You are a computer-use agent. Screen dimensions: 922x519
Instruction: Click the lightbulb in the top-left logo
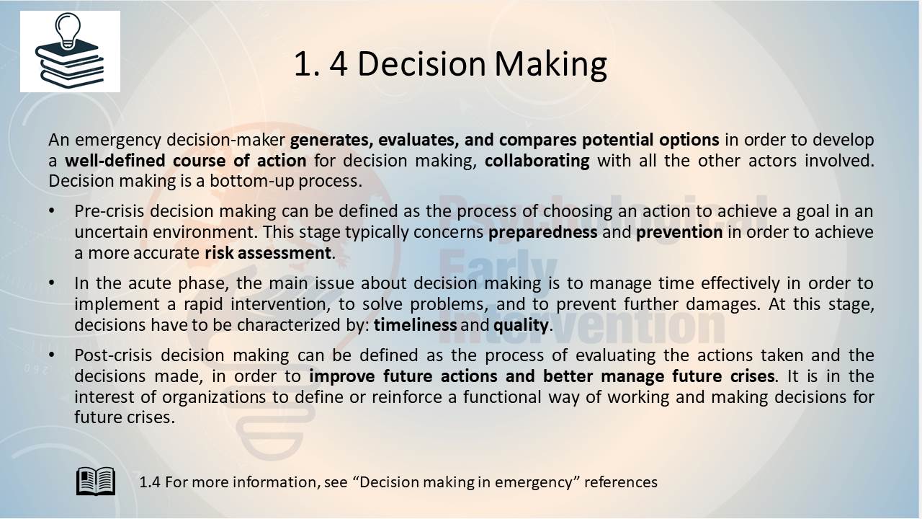pyautogui.click(x=68, y=30)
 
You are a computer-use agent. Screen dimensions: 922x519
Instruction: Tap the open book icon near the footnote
pyautogui.click(x=96, y=481)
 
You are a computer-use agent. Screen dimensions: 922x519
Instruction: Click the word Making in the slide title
pyautogui.click(x=550, y=65)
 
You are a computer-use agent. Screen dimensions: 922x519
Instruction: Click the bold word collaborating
pyautogui.click(x=537, y=161)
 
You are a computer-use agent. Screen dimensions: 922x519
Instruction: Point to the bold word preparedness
pyautogui.click(x=542, y=232)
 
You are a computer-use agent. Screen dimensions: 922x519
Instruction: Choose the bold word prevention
pyautogui.click(x=679, y=232)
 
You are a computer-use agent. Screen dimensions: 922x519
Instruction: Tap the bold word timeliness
pyautogui.click(x=415, y=325)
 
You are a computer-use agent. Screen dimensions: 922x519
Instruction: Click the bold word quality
pyautogui.click(x=521, y=326)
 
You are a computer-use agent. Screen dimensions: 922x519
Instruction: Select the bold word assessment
pyautogui.click(x=285, y=253)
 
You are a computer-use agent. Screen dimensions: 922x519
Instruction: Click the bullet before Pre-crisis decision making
pyautogui.click(x=51, y=211)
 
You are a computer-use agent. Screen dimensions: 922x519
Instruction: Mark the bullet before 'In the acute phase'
pyautogui.click(x=51, y=283)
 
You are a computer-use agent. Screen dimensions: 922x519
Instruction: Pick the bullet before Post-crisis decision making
pyautogui.click(x=51, y=355)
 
